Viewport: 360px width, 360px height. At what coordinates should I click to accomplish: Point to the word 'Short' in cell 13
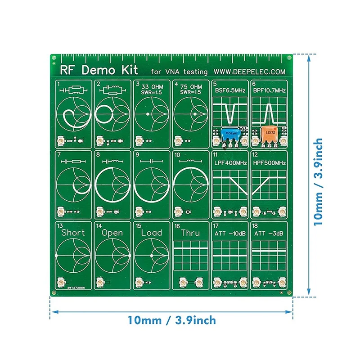click(x=73, y=233)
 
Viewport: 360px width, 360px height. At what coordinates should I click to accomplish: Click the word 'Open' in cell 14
click(x=112, y=233)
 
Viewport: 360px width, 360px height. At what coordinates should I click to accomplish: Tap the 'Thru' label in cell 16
click(x=190, y=233)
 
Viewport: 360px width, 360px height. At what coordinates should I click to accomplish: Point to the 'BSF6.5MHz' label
click(x=230, y=90)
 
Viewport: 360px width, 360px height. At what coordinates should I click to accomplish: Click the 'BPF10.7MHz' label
click(x=269, y=90)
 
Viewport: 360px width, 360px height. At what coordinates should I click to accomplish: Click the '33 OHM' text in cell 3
click(x=152, y=86)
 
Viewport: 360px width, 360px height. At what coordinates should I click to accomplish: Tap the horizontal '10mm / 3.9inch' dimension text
click(x=171, y=321)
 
